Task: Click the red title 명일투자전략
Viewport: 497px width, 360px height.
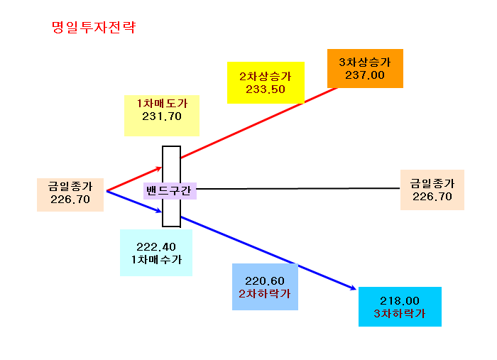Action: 94,27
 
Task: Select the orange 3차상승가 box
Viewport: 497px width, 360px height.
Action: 365,68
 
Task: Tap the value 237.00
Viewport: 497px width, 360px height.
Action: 365,75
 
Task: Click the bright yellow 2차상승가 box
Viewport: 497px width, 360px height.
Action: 266,82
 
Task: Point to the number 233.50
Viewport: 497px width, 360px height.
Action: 266,89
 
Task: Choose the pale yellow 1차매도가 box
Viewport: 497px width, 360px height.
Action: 162,116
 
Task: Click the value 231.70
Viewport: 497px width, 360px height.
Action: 162,116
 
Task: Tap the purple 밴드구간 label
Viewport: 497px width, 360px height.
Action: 170,191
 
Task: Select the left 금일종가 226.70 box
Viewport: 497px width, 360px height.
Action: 70,195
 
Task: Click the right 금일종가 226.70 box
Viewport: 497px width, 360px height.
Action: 432,190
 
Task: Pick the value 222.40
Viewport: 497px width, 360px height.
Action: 156,247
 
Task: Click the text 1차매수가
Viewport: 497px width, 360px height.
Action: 157,260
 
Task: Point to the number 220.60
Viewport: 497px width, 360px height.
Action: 265,281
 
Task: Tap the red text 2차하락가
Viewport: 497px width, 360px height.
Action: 265,294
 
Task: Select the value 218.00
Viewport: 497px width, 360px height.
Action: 400,301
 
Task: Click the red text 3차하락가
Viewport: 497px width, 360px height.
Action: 400,314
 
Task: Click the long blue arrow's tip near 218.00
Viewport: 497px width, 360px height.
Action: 356,289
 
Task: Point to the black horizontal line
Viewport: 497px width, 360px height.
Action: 298,189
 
